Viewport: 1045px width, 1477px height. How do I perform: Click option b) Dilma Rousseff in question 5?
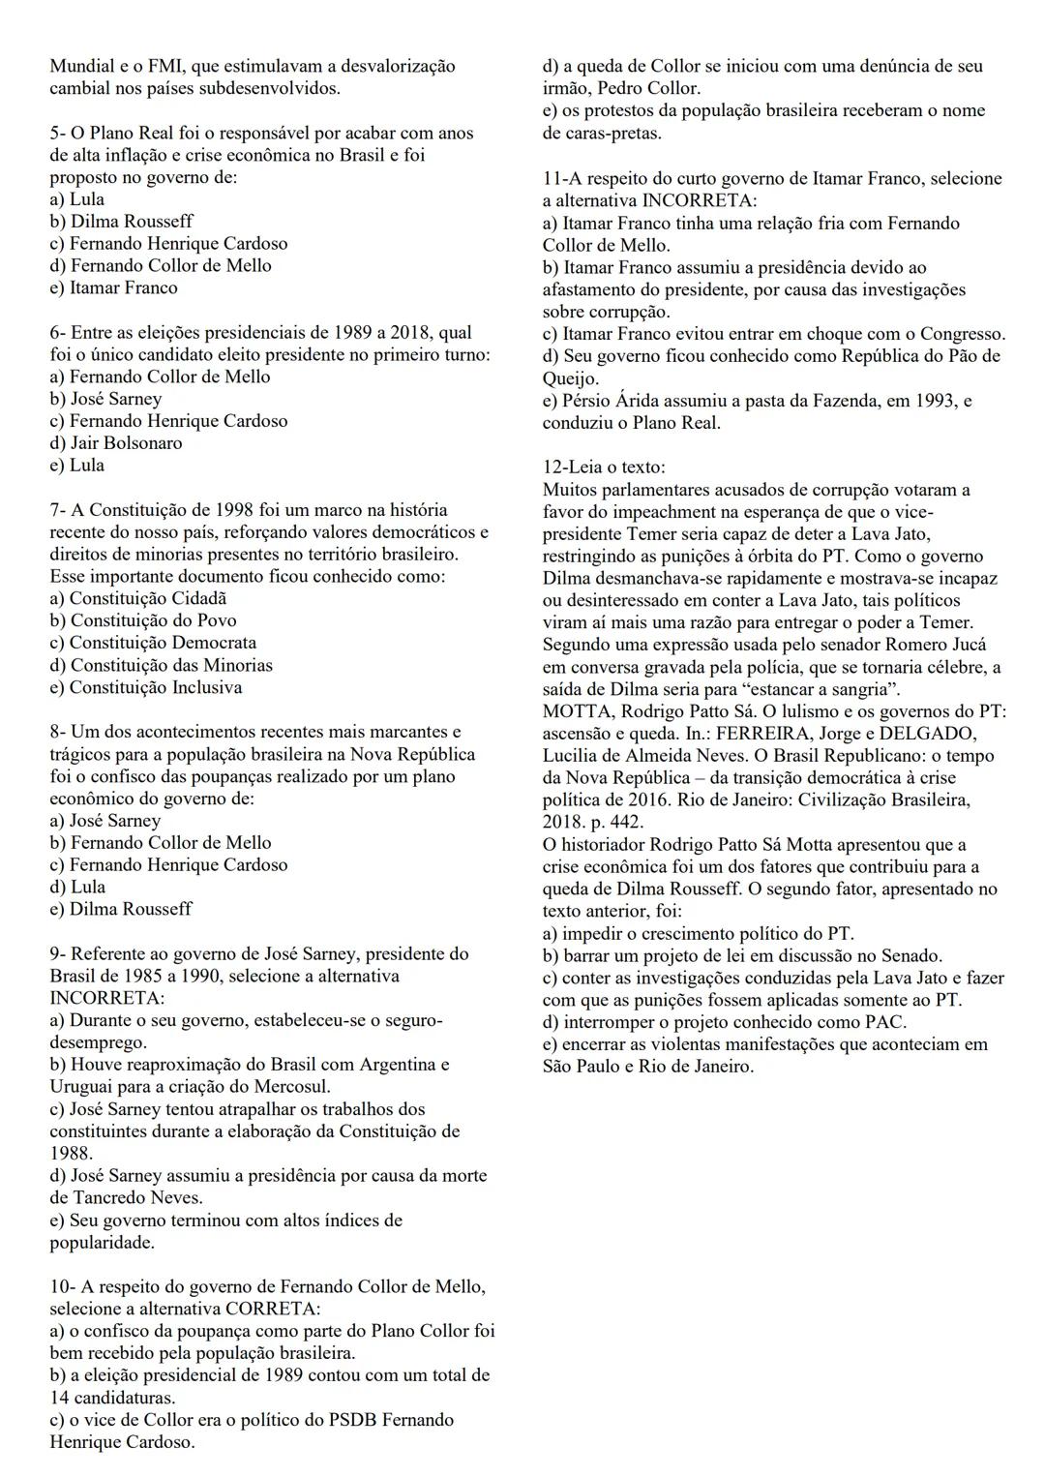(x=121, y=222)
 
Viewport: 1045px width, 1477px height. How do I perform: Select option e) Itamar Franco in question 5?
(x=113, y=287)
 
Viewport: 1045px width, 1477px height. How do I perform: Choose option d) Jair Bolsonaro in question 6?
(x=116, y=443)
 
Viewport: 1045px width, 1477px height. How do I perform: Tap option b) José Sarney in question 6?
(x=105, y=399)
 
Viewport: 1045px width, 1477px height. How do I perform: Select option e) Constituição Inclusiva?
(x=145, y=687)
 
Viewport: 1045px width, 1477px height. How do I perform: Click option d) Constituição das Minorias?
(x=161, y=665)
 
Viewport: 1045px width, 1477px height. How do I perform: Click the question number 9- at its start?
(x=58, y=954)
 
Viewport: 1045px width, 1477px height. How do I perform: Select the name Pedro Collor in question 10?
(x=648, y=89)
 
